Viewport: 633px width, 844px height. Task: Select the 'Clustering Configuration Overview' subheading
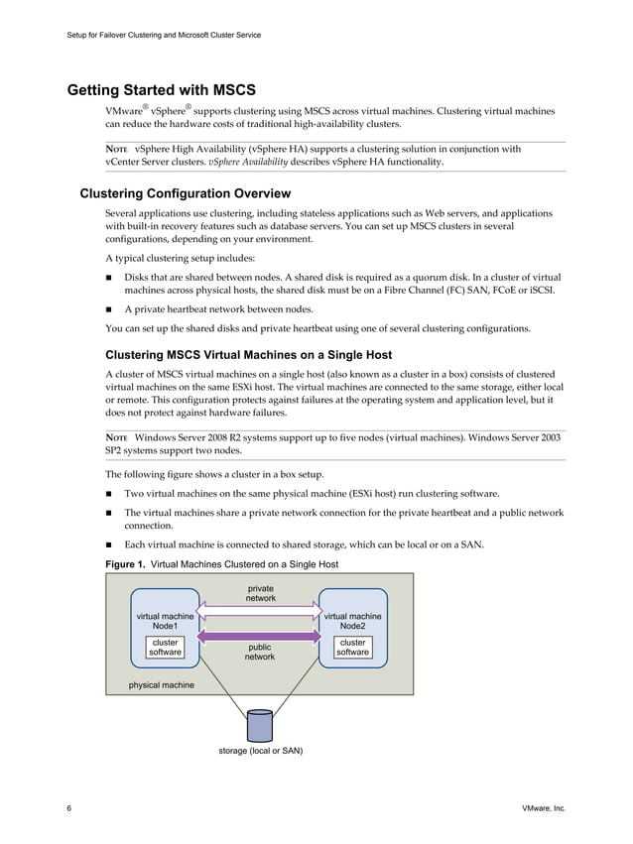pyautogui.click(x=185, y=192)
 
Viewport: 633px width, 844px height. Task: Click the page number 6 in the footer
pyautogui.click(x=68, y=809)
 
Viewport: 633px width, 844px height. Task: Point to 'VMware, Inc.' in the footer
pyautogui.click(x=543, y=809)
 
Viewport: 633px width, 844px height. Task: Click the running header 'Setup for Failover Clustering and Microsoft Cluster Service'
pyautogui.click(x=164, y=36)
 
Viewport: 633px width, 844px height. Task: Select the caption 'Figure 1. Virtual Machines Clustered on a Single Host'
pyautogui.click(x=222, y=564)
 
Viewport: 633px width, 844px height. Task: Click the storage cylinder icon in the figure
pyautogui.click(x=260, y=725)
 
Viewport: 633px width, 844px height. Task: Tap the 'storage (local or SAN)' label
pyautogui.click(x=260, y=751)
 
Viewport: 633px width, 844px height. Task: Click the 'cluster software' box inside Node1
pyautogui.click(x=165, y=648)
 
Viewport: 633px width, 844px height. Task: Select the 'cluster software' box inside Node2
pyautogui.click(x=352, y=648)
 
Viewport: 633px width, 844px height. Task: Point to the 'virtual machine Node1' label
pyautogui.click(x=165, y=622)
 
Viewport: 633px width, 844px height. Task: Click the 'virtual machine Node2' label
pyautogui.click(x=352, y=622)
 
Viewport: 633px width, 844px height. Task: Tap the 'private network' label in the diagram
pyautogui.click(x=260, y=593)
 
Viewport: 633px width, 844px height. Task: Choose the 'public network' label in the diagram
pyautogui.click(x=260, y=652)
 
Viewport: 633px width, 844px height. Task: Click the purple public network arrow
pyautogui.click(x=260, y=635)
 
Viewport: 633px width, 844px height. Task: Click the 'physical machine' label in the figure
pyautogui.click(x=162, y=685)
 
